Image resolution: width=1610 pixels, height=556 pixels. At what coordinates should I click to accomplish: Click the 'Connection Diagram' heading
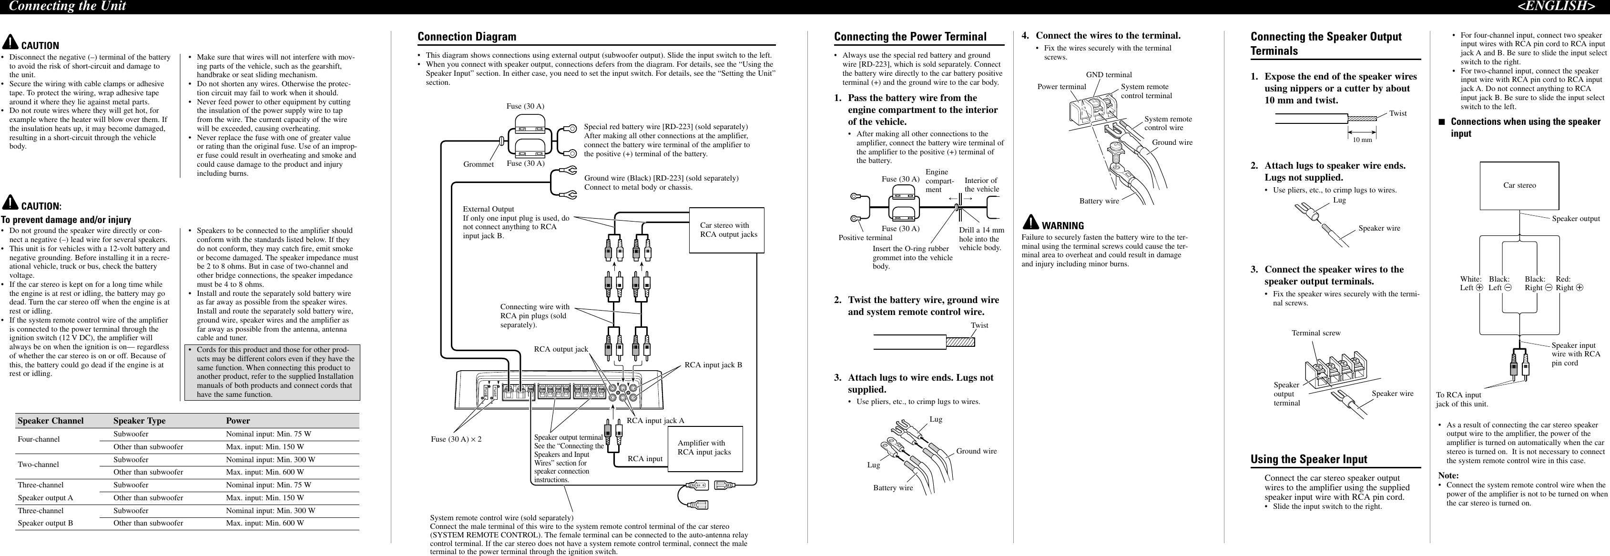point(467,37)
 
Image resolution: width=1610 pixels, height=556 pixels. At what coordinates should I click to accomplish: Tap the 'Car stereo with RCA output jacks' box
point(726,230)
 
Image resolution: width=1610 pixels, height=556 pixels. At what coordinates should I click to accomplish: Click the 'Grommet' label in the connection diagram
point(478,164)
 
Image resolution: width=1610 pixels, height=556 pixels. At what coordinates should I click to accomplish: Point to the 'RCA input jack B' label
point(713,365)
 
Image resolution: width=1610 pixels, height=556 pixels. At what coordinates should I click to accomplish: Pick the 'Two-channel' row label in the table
point(38,464)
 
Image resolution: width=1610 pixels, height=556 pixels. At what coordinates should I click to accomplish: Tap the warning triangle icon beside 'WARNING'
point(1030,223)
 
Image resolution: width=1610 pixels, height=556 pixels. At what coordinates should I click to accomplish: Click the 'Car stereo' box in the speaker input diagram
point(1519,185)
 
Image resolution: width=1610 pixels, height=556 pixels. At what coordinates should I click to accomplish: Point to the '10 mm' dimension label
point(1363,140)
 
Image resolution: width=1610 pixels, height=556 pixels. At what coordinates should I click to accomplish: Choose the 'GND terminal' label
point(1109,75)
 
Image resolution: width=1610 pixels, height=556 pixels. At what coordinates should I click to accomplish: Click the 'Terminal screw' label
point(1315,333)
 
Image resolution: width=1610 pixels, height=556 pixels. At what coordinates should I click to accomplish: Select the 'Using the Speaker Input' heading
point(1309,459)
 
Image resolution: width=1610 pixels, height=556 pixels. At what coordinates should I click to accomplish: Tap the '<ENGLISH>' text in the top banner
point(1559,6)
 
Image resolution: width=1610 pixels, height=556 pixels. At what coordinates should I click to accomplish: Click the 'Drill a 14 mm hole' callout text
point(981,239)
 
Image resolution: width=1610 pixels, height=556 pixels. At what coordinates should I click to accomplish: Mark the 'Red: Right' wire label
point(1569,283)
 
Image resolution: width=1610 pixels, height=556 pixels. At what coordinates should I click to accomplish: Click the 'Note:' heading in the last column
point(1448,475)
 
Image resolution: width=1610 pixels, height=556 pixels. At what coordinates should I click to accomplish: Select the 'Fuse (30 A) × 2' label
point(456,439)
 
